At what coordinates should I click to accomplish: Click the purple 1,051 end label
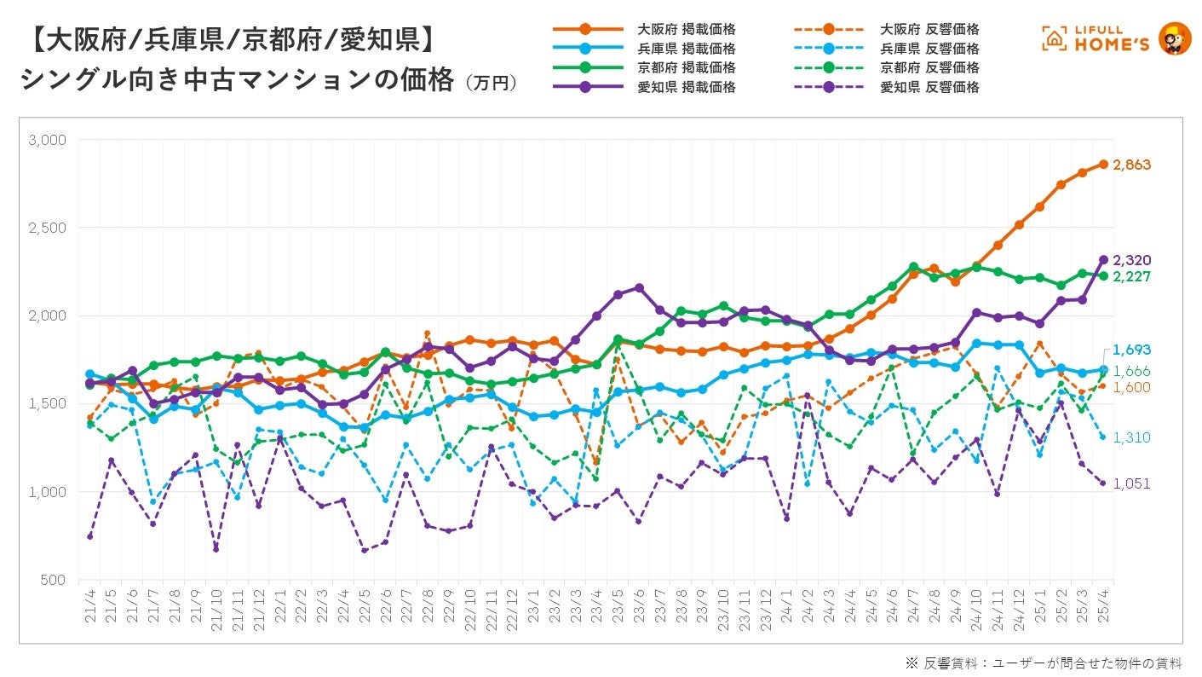click(x=1131, y=483)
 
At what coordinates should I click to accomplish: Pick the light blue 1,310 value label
click(x=1131, y=437)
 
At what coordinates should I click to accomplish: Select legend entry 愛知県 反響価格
click(x=929, y=87)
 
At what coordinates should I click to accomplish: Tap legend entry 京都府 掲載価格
click(x=687, y=67)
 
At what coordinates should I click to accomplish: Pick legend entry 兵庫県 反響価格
click(x=929, y=49)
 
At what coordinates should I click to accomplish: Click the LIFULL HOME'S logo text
click(x=1107, y=38)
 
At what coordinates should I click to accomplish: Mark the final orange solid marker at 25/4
click(x=1103, y=164)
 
